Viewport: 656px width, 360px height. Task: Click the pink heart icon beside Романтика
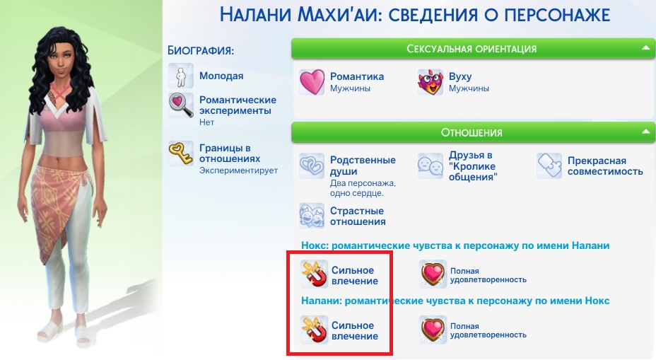pos(312,82)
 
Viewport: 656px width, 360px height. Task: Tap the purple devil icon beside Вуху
pos(430,82)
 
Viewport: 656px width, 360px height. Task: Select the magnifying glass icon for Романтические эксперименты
pos(181,105)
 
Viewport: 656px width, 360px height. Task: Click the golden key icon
pos(181,153)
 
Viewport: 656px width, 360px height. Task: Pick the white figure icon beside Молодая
pos(181,76)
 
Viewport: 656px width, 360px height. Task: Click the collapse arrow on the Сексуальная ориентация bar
pos(645,48)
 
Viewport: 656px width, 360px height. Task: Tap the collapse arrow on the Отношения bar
pos(645,132)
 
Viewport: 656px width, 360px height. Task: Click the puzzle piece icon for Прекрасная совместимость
pos(549,166)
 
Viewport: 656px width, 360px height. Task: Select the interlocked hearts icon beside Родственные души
pos(312,166)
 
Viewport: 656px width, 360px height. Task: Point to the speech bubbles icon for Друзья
pos(430,166)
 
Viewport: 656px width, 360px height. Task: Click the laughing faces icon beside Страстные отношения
pos(312,216)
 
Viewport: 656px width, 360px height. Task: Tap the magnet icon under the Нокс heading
pos(314,274)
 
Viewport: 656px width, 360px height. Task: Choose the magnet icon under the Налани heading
pos(314,330)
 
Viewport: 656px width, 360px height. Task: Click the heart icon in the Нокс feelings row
pos(433,274)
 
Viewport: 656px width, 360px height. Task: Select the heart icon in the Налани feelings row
pos(433,330)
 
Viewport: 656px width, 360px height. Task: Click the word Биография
pos(200,51)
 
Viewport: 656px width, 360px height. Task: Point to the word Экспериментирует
pos(238,170)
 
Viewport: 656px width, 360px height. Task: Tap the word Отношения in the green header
pos(471,133)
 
